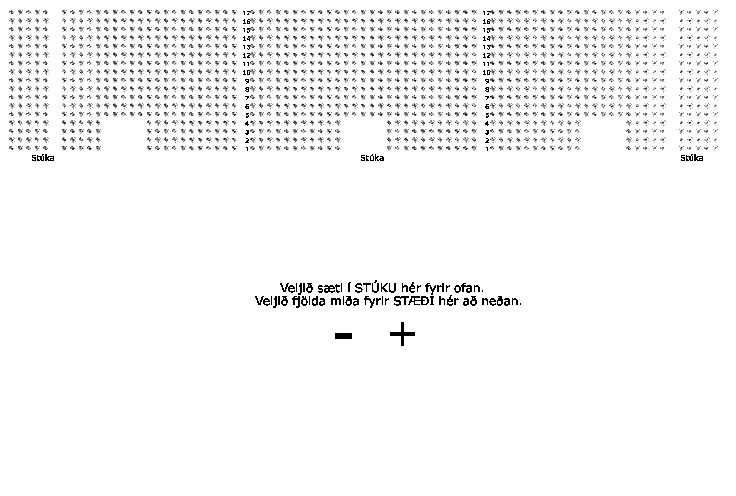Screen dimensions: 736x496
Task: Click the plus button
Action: [x=402, y=334]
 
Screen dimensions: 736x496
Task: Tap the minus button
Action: [x=343, y=336]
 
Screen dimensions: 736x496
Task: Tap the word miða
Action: [x=345, y=301]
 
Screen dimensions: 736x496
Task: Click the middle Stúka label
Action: [x=372, y=158]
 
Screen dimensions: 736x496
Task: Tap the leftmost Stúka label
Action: [x=43, y=158]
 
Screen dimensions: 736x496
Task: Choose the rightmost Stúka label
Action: [x=692, y=158]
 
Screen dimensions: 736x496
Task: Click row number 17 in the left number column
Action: [x=246, y=13]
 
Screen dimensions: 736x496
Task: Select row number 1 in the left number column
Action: [x=247, y=149]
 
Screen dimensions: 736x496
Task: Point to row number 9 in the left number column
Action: [x=247, y=81]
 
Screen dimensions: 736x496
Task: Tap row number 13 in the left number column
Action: [x=246, y=47]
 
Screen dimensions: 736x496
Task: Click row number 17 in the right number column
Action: [x=486, y=13]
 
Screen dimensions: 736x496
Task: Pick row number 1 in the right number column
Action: [x=487, y=149]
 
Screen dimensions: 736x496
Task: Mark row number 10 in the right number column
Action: [x=486, y=72]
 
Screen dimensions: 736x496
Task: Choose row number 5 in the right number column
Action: [x=487, y=115]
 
